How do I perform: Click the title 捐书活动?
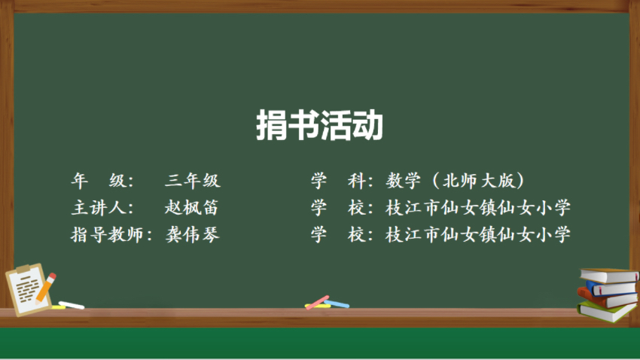click(x=319, y=125)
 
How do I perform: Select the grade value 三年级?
click(x=193, y=181)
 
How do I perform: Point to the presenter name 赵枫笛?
click(x=192, y=207)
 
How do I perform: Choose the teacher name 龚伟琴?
click(x=192, y=235)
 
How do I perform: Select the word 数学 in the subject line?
click(x=404, y=181)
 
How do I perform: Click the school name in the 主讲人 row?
click(x=478, y=207)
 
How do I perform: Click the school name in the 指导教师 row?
click(x=478, y=235)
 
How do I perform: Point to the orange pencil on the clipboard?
click(x=45, y=288)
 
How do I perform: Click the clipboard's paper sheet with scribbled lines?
click(x=27, y=289)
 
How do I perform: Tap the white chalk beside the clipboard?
click(x=72, y=305)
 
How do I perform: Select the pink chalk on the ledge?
click(x=317, y=303)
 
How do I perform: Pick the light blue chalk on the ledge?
click(x=337, y=304)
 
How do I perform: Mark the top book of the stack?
click(x=609, y=276)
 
